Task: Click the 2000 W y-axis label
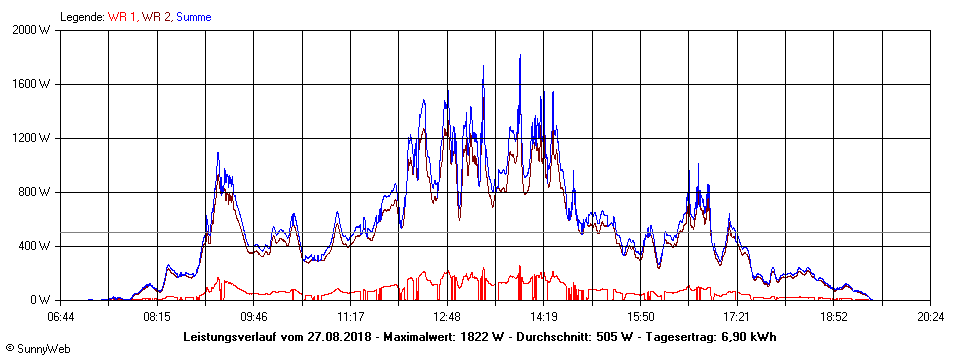pos(33,30)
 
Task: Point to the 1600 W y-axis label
pos(33,84)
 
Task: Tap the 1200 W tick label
pos(33,138)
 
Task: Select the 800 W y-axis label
pos(36,192)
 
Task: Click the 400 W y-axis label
pos(36,246)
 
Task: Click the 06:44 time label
pos(60,317)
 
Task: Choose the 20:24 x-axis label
pos(930,317)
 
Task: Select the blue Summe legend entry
pos(193,17)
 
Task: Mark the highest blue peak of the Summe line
pos(520,56)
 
